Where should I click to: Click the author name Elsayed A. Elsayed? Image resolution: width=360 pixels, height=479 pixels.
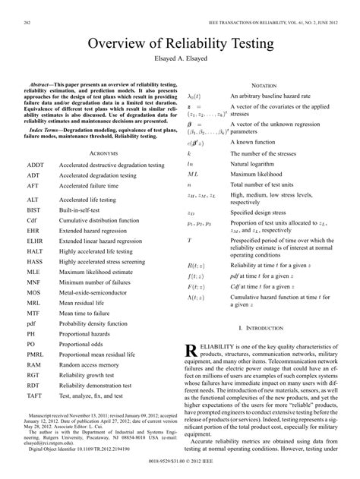(179, 58)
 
